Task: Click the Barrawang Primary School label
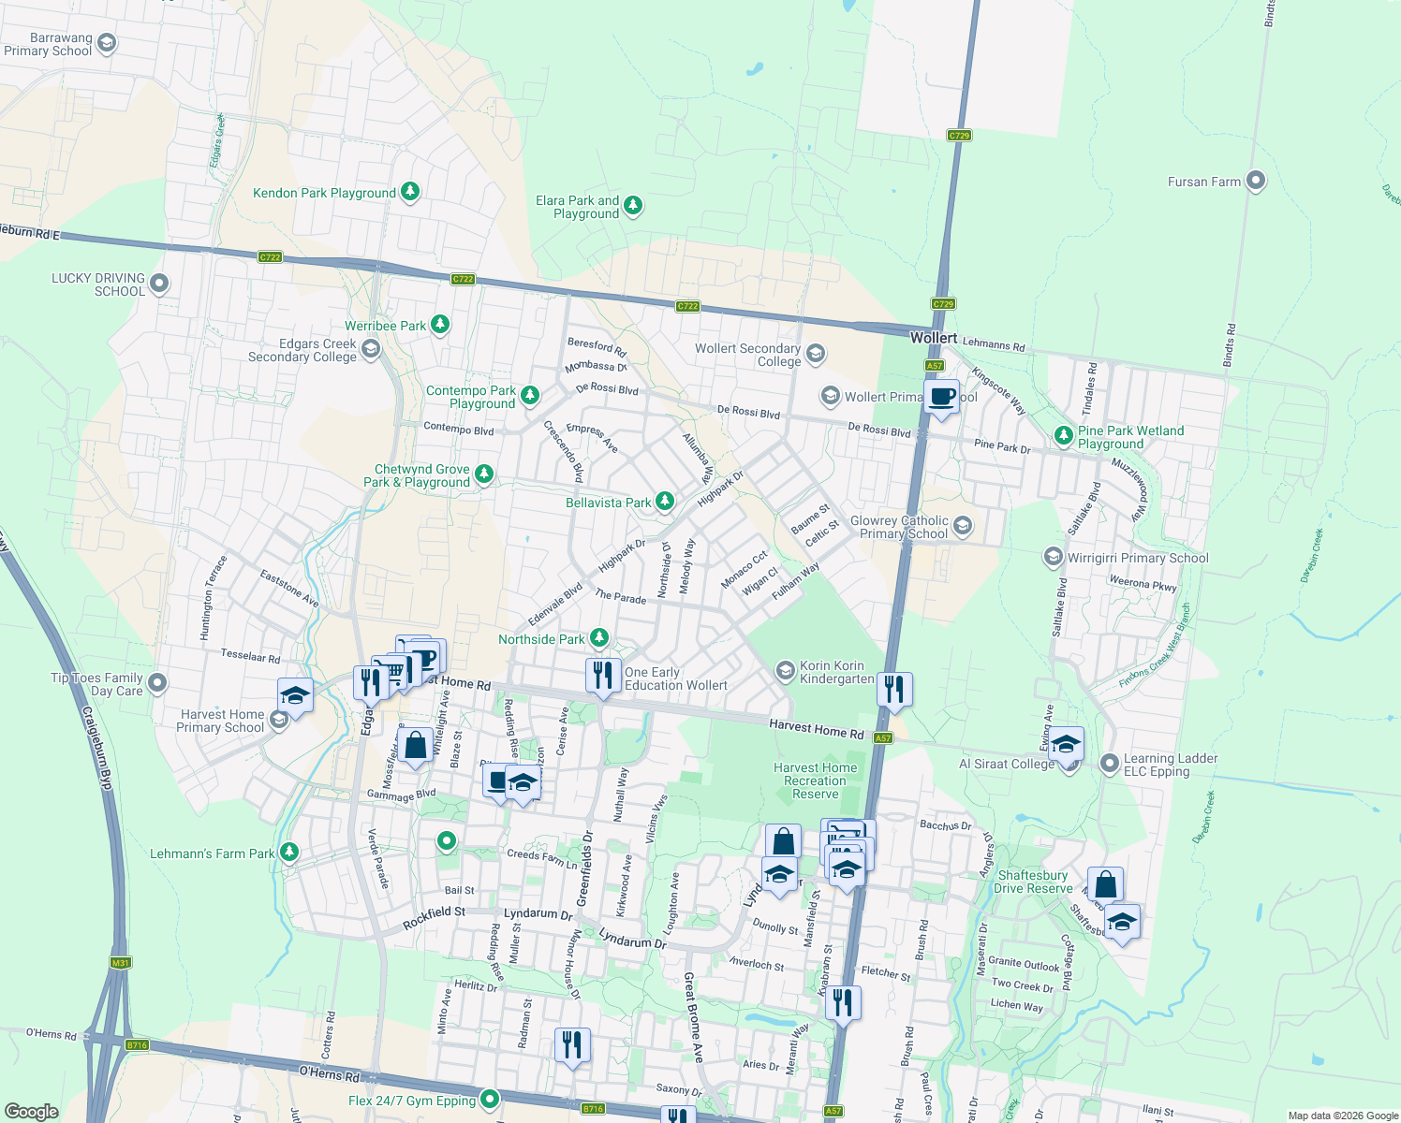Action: tap(49, 45)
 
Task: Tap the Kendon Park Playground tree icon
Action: tap(409, 192)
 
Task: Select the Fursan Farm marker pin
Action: tap(1256, 182)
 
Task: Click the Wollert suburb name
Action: tap(934, 338)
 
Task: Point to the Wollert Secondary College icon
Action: tap(816, 353)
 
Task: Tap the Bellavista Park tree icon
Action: tap(664, 502)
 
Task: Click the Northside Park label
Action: tap(541, 639)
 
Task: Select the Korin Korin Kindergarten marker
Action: tap(785, 670)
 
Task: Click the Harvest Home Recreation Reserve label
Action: tap(815, 780)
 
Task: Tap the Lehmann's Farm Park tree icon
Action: tap(289, 852)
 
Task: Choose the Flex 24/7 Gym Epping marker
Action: tap(489, 1099)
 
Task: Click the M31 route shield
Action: tap(120, 963)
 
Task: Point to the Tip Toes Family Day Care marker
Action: tap(157, 683)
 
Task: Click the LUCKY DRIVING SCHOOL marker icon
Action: tap(159, 283)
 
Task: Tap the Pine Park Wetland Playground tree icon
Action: tap(1063, 435)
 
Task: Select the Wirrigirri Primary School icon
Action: tap(1054, 558)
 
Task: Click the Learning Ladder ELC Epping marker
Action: tap(1110, 764)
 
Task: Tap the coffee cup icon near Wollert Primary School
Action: tap(942, 397)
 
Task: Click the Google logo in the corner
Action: tap(31, 1111)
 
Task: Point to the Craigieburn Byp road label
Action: tap(97, 748)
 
